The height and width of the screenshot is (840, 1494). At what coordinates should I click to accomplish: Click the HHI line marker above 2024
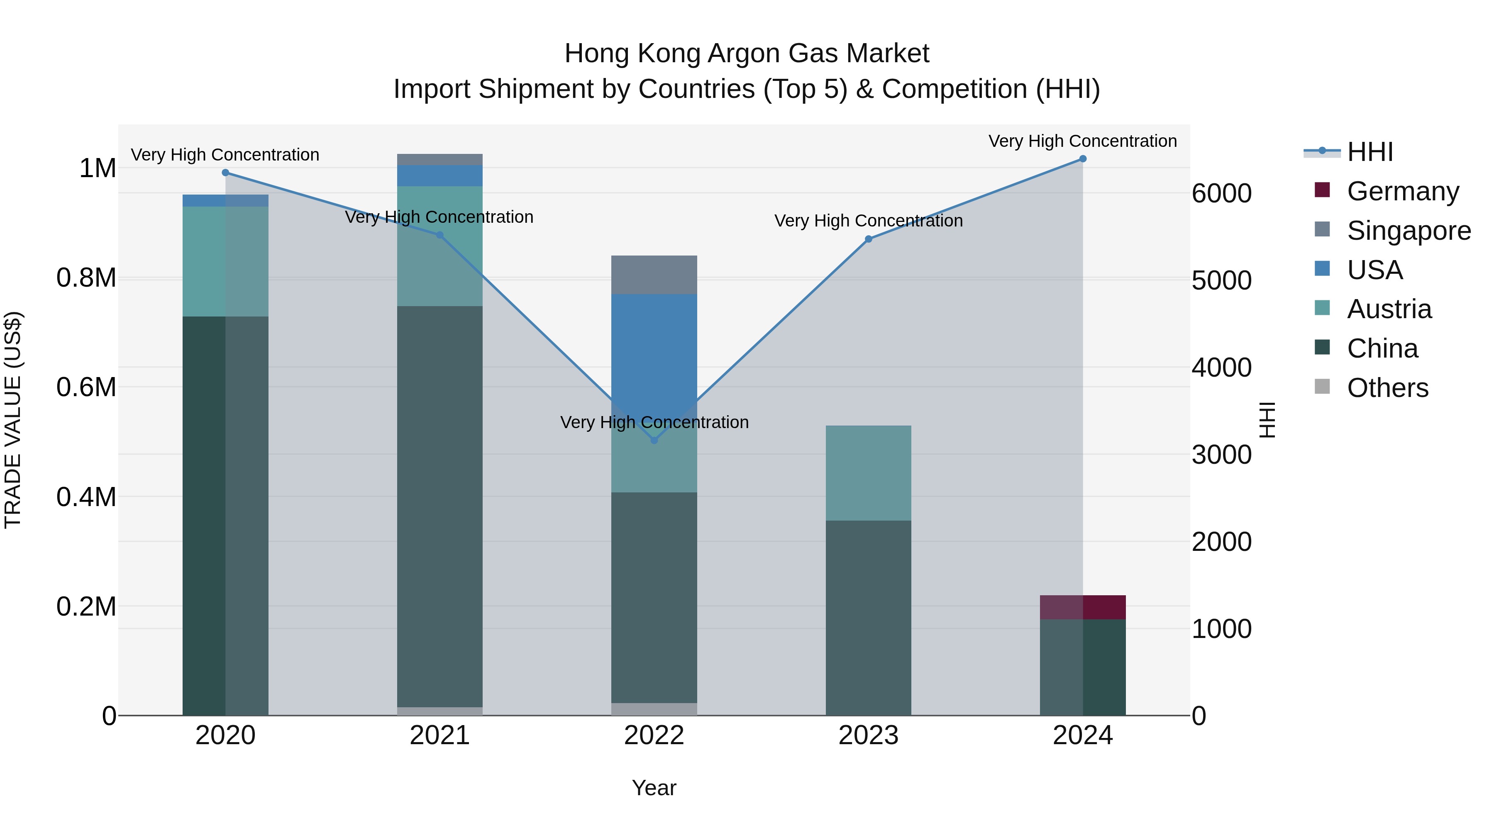click(x=1082, y=159)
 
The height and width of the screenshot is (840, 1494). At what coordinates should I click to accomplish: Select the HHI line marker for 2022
click(x=654, y=441)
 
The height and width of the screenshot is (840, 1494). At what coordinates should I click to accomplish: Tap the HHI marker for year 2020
click(x=226, y=173)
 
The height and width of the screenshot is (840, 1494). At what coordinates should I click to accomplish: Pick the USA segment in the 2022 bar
click(x=654, y=348)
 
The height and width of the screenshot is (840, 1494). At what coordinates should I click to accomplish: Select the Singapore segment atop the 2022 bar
click(x=654, y=275)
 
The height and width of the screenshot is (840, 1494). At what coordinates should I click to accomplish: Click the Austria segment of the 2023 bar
click(x=868, y=472)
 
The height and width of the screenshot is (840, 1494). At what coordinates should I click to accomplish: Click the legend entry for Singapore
click(x=1408, y=231)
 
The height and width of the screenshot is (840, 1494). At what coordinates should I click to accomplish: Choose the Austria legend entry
click(x=1389, y=309)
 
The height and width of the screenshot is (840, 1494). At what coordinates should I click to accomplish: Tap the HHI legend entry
click(x=1369, y=152)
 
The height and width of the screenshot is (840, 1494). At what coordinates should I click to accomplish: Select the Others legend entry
click(x=1387, y=388)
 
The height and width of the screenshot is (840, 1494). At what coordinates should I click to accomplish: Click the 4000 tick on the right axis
click(x=1221, y=368)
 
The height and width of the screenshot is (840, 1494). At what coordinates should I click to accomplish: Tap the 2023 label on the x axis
click(x=868, y=735)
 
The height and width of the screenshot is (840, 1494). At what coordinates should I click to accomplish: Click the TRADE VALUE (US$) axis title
click(x=13, y=420)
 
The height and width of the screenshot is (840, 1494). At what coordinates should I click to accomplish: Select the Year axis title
click(x=654, y=788)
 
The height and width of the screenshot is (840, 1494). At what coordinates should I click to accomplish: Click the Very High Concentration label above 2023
click(x=868, y=221)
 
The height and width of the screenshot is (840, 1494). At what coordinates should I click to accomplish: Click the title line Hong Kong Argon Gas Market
click(x=747, y=54)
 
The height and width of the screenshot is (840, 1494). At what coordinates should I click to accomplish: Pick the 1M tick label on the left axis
click(x=98, y=169)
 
